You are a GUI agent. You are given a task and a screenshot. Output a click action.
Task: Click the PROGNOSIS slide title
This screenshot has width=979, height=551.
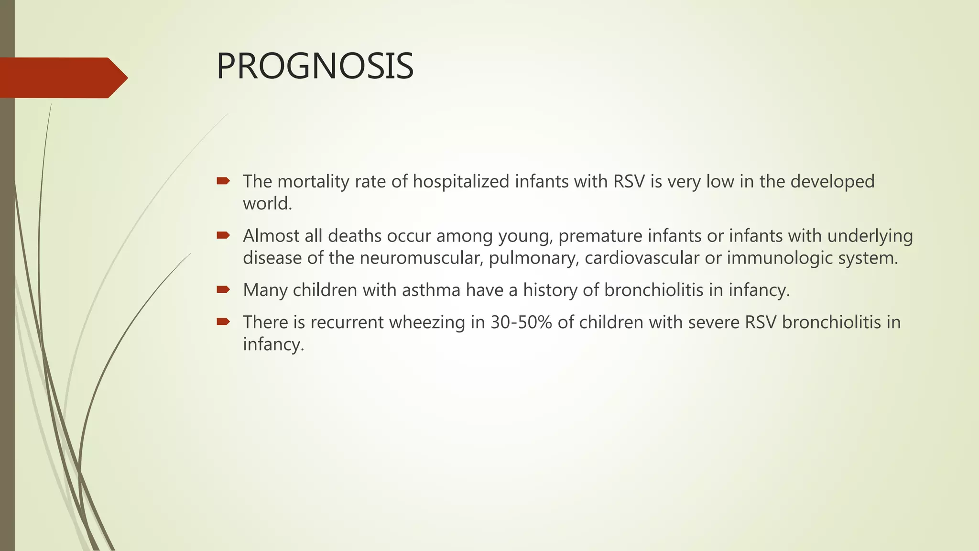(315, 66)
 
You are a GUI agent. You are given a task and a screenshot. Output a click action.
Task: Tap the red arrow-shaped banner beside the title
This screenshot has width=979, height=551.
(62, 77)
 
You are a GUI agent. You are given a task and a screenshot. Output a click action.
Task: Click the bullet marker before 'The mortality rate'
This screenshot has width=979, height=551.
(223, 181)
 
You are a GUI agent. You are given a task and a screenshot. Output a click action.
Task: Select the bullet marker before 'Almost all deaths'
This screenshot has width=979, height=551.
(223, 235)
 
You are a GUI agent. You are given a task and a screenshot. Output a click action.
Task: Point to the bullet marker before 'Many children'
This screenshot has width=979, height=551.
(223, 289)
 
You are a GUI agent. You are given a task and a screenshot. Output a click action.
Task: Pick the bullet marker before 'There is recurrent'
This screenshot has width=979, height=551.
(223, 321)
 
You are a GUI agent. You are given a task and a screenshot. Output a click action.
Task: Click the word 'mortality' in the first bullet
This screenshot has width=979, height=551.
(313, 182)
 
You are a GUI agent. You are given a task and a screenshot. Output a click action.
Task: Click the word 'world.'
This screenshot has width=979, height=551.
(267, 204)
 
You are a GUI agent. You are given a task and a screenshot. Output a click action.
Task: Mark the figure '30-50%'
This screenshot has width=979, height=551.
(521, 322)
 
